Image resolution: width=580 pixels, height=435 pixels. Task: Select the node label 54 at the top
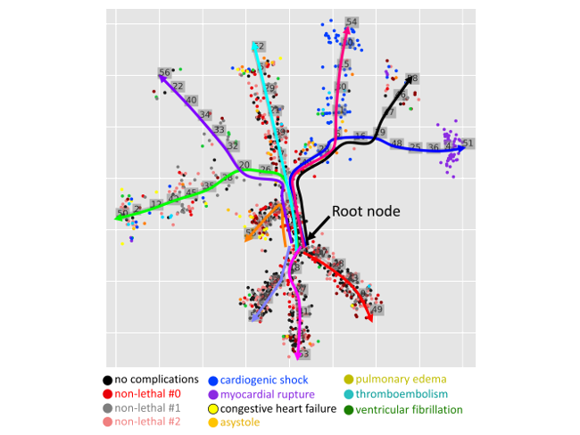(352, 22)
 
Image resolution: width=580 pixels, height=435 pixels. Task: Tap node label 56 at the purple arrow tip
(164, 73)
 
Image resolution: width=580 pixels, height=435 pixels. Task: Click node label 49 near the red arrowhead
(377, 309)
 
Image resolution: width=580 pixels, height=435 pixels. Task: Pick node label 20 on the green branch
(244, 164)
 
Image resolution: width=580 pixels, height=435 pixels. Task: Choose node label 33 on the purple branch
(220, 130)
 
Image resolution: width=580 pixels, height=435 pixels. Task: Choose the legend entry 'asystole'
(240, 422)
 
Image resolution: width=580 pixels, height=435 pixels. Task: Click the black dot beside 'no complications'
(108, 381)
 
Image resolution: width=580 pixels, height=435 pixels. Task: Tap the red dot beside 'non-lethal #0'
(108, 394)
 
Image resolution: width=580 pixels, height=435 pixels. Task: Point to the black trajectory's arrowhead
(413, 79)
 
